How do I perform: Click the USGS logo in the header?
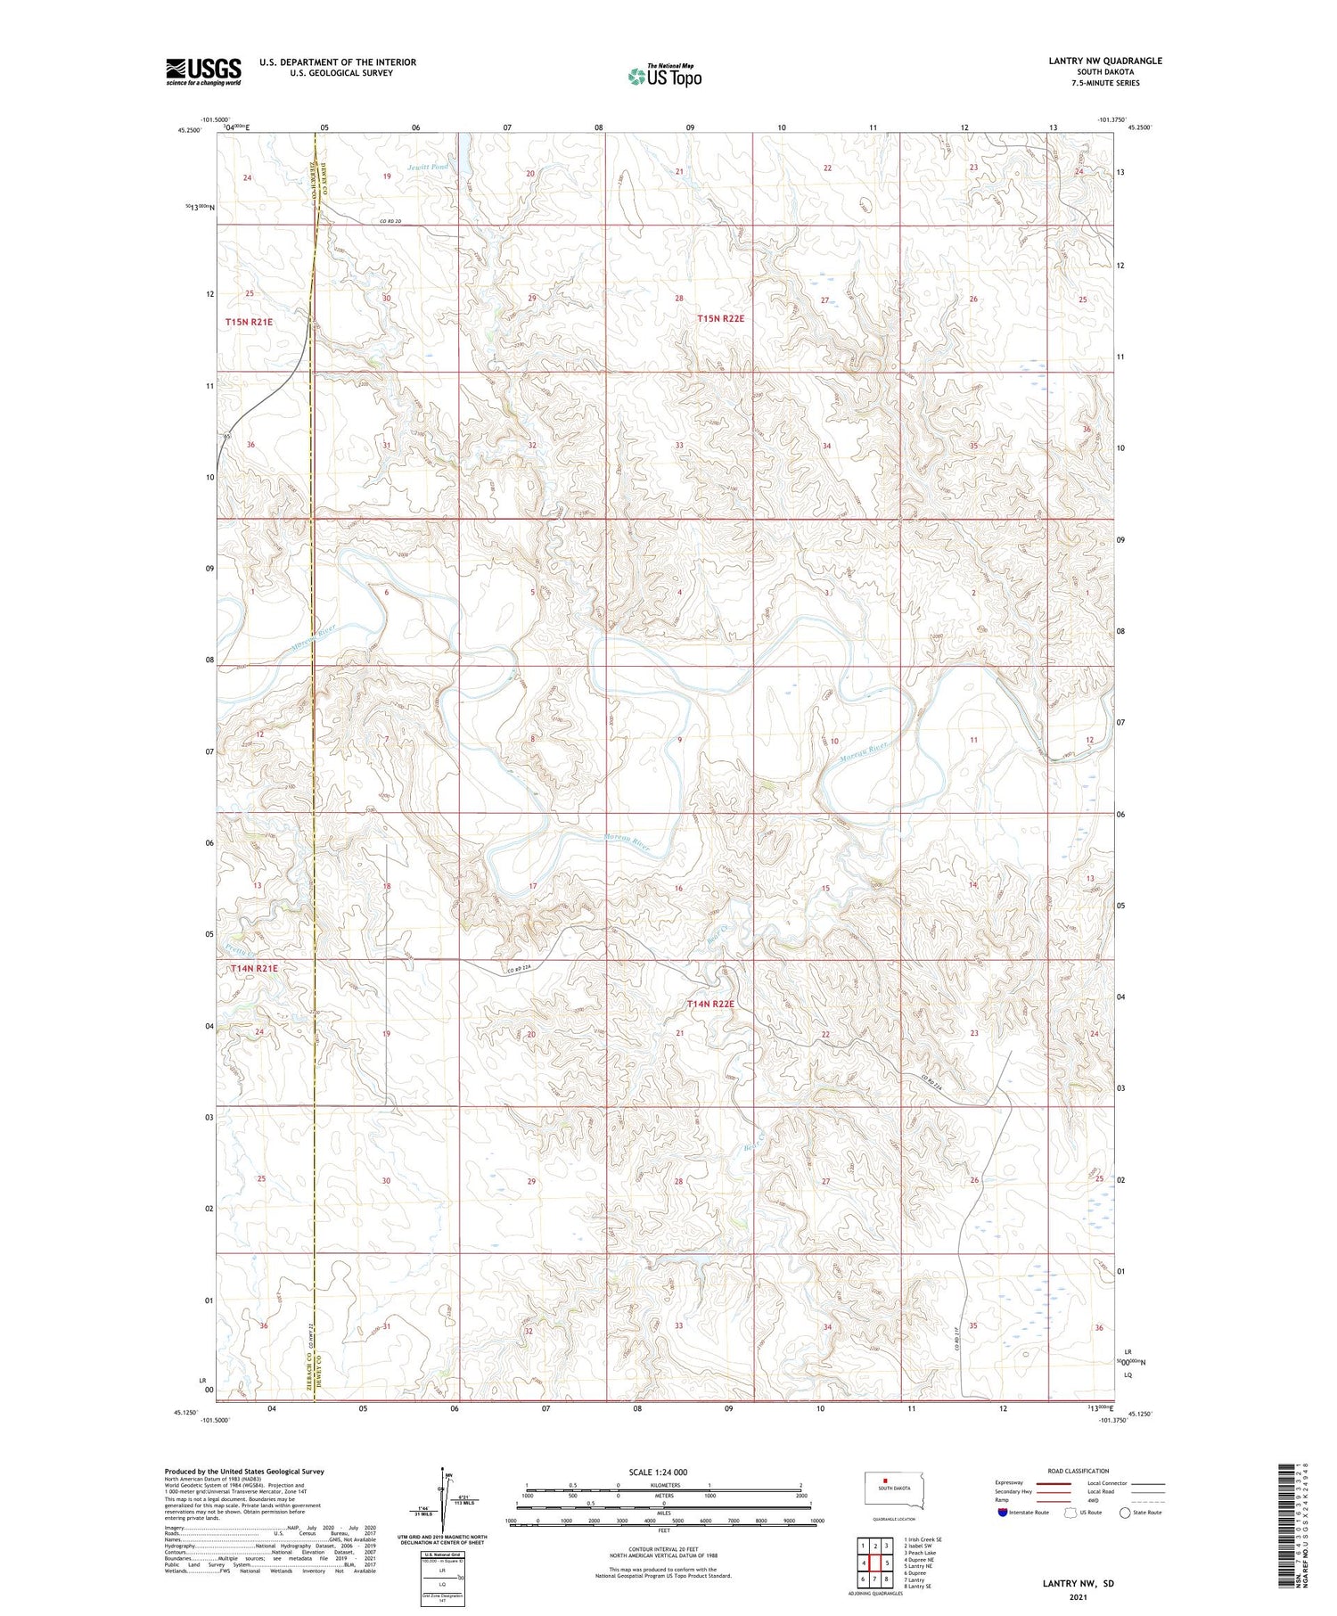point(203,71)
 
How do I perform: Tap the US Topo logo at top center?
point(664,77)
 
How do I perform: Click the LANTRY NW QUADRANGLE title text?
point(1104,61)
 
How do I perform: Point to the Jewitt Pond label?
point(428,167)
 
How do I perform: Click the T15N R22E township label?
point(720,318)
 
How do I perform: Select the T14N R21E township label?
point(254,968)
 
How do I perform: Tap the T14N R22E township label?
point(710,1004)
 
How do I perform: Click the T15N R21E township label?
point(249,322)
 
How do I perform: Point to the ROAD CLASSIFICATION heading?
point(1079,1471)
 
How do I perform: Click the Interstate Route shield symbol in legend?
point(1003,1512)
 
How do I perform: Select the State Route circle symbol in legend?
point(1125,1512)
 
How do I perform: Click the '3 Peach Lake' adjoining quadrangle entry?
point(921,1553)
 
